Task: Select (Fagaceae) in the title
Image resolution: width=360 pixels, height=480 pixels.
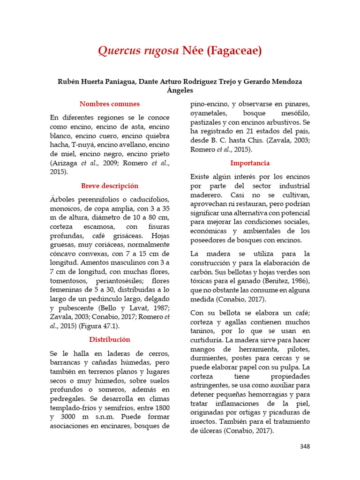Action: (x=234, y=51)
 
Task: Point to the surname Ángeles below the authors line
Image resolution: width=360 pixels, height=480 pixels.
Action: (x=180, y=90)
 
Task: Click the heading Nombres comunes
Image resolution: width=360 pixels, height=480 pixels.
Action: (x=110, y=104)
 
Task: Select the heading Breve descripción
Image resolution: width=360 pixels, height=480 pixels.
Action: (x=110, y=186)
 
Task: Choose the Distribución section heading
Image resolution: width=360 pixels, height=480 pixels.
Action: (x=110, y=339)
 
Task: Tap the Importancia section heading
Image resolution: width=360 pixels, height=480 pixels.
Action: (x=250, y=163)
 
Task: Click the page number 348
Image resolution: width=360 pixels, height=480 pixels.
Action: (x=305, y=447)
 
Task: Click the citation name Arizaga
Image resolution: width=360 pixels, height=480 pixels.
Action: (x=65, y=163)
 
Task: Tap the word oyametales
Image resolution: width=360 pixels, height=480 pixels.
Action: (x=209, y=113)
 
